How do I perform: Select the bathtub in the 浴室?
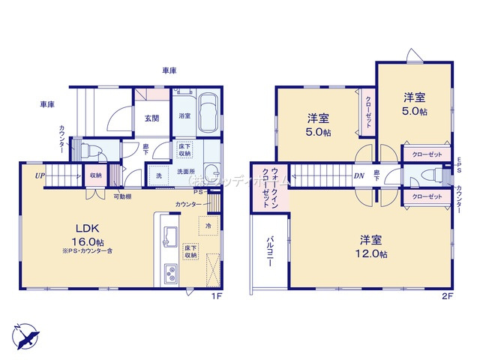click(x=207, y=112)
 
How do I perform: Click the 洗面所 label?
click(x=187, y=171)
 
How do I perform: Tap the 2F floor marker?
click(x=447, y=295)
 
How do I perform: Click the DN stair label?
click(x=360, y=177)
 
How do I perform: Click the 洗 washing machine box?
click(x=158, y=175)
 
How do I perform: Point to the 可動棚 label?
click(x=124, y=196)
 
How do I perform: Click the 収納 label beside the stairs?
click(x=96, y=175)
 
